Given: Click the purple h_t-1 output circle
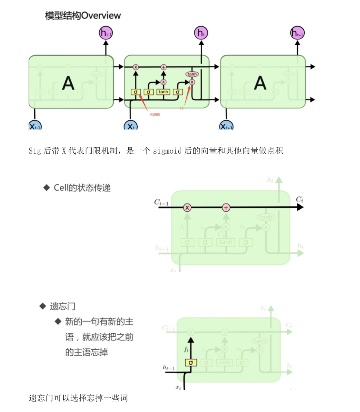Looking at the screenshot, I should point(106,33).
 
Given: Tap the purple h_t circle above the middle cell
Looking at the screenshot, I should point(201,33).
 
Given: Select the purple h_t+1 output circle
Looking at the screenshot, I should point(297,33).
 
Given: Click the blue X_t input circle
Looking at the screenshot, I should point(131,126).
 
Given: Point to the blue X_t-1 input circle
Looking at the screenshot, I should point(35,126).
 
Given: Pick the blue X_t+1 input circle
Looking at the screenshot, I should point(226,126).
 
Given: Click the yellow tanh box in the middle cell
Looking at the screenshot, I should point(163,92).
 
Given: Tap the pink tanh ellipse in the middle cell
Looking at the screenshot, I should point(192,74).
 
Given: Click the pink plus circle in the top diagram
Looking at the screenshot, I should point(163,67).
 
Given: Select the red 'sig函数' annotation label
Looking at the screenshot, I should point(155,114).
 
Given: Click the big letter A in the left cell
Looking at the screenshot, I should point(68,83).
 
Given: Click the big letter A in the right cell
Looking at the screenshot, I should point(260,83).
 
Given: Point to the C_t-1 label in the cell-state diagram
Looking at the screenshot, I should point(161,202).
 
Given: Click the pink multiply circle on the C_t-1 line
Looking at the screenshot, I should point(187,208).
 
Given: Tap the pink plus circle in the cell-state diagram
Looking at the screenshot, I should point(226,208).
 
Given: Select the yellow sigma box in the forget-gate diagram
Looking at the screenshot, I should point(191,363).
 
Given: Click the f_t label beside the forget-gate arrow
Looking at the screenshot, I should point(186,349).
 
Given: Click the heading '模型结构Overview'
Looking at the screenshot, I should point(83,15).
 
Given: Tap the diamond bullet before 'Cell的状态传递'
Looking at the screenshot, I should point(47,188).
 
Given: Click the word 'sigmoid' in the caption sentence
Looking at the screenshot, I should point(167,151).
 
